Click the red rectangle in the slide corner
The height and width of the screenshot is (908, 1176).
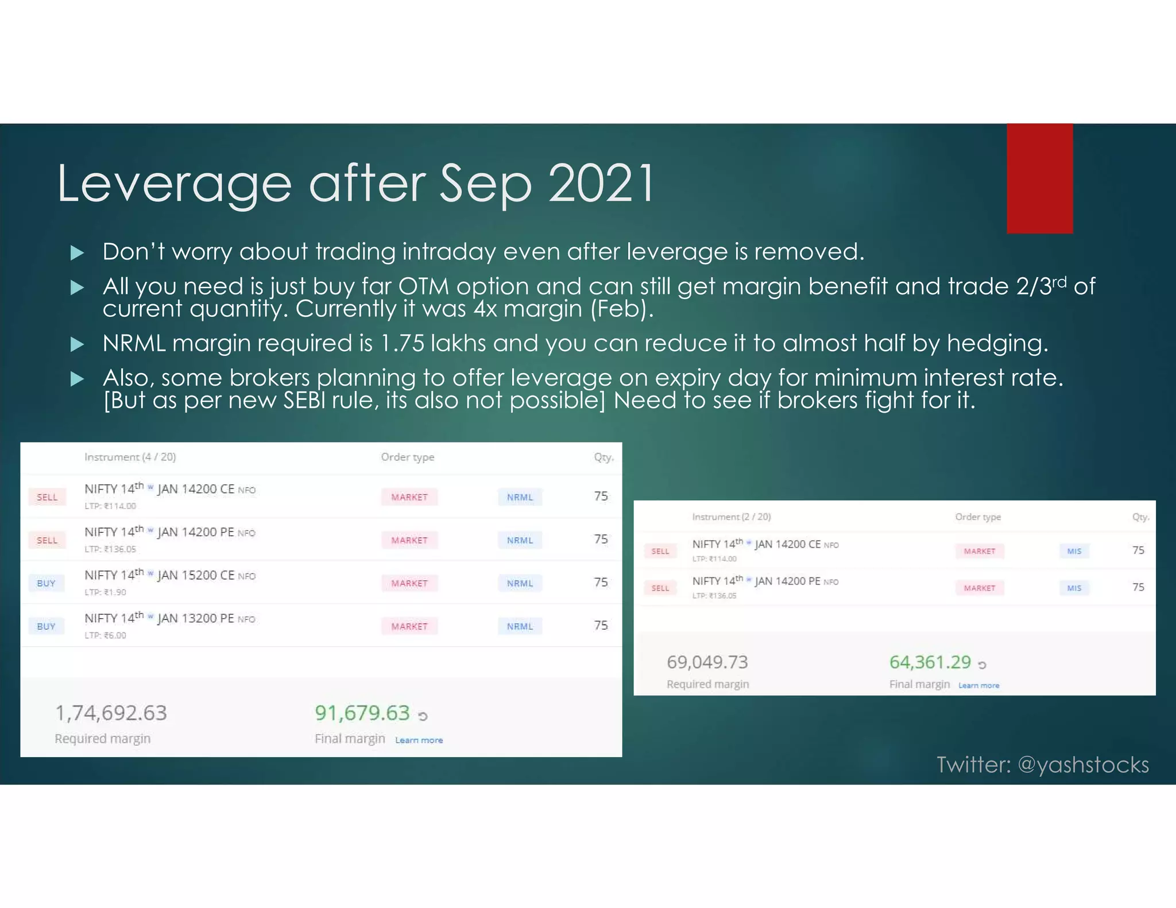tap(1039, 179)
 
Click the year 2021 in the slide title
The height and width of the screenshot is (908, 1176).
tap(601, 184)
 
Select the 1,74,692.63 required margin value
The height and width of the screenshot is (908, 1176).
tap(111, 713)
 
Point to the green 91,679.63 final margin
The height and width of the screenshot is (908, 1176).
tap(362, 713)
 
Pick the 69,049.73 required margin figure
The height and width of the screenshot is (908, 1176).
tap(707, 662)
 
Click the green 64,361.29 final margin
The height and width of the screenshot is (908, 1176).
tap(930, 662)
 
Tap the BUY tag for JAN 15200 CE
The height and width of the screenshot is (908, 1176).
tap(46, 583)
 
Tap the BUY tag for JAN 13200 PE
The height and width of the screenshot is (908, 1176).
tap(46, 626)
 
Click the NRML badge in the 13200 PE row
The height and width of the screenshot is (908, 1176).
tap(520, 626)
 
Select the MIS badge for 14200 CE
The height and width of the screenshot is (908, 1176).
tap(1074, 551)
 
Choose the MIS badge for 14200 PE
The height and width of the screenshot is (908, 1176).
tap(1074, 588)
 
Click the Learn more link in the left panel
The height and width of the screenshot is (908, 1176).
tap(419, 740)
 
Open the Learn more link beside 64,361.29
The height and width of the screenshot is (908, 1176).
tap(978, 685)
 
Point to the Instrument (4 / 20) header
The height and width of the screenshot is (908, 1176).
tap(130, 457)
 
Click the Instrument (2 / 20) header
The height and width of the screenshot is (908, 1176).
tap(731, 517)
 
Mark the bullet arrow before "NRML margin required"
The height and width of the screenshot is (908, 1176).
tap(77, 344)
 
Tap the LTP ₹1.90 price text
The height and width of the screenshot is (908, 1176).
tap(105, 592)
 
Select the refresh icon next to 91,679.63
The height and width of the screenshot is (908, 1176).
tap(423, 716)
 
